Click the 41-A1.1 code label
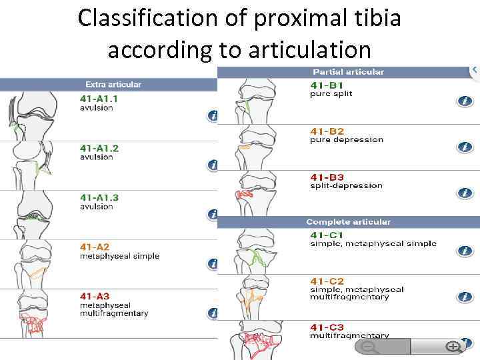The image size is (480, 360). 99,99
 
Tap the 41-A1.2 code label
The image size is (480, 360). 99,148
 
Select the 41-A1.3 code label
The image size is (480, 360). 99,197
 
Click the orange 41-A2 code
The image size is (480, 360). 94,247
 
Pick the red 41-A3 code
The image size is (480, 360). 94,296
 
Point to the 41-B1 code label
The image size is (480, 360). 327,85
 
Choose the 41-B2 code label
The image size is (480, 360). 327,131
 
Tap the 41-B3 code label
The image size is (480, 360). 327,177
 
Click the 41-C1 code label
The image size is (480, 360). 327,235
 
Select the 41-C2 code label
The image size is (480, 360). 327,281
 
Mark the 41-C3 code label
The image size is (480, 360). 327,327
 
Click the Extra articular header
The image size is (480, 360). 113,85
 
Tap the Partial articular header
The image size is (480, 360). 348,71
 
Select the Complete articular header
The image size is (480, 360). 348,221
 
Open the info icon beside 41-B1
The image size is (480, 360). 465,101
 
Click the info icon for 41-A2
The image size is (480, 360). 213,264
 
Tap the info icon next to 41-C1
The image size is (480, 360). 465,251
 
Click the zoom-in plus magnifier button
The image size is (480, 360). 453,347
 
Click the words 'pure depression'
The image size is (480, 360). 346,140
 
